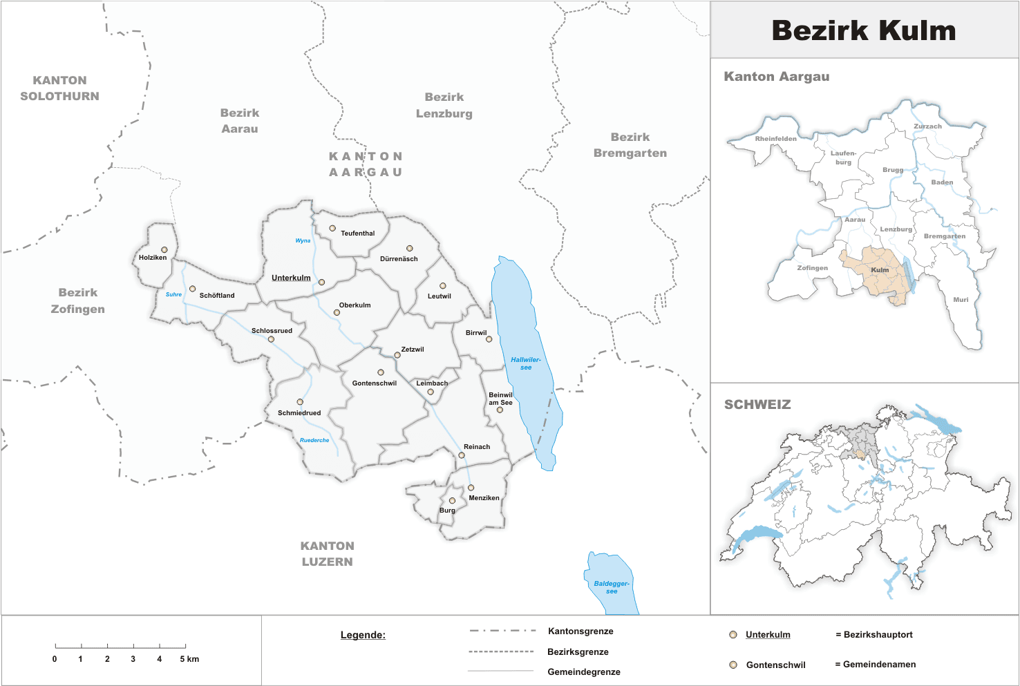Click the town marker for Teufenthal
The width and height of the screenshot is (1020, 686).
point(332,228)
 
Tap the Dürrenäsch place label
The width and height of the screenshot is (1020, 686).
point(399,259)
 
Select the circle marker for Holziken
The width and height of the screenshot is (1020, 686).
point(164,249)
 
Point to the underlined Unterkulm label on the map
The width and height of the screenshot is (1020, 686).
point(291,278)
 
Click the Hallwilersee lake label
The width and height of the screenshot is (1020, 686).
point(526,363)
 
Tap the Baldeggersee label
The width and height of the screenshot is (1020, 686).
point(612,587)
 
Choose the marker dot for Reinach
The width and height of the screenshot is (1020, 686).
point(462,455)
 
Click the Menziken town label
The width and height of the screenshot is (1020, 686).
point(484,498)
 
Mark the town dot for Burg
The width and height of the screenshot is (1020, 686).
point(453,501)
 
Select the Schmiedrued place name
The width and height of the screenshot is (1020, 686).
point(299,413)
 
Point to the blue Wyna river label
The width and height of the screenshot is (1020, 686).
point(303,240)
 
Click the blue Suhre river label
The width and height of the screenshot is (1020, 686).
point(173,294)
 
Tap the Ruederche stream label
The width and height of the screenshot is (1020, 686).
point(314,440)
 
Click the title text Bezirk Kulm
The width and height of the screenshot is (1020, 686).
point(864,30)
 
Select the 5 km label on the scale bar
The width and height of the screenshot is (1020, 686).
point(189,659)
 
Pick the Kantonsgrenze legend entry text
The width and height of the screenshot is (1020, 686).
point(580,631)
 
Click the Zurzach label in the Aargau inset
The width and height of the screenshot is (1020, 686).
point(927,126)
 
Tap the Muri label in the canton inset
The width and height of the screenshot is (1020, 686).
point(961,300)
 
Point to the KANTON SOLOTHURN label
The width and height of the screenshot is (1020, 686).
point(59,88)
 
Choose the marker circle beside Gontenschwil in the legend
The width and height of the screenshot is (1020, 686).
point(733,665)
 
